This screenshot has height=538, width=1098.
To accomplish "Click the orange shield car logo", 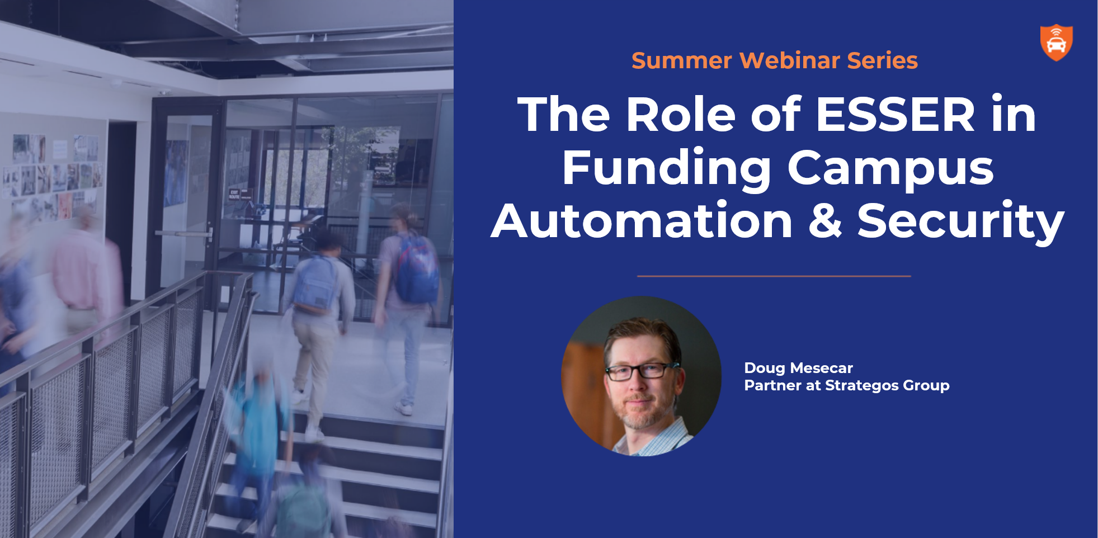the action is pyautogui.click(x=1056, y=43).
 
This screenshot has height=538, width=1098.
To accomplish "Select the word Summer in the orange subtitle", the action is pyautogui.click(x=682, y=60).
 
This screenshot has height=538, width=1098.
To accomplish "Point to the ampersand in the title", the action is pyautogui.click(x=825, y=220).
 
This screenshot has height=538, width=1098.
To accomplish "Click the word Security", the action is pyautogui.click(x=960, y=222).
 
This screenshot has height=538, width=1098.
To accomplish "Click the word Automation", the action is pyautogui.click(x=642, y=220).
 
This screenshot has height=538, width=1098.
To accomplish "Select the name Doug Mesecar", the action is pyautogui.click(x=798, y=368).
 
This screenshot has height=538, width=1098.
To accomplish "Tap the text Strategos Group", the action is pyautogui.click(x=887, y=386).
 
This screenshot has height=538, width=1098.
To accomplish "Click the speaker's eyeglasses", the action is pyautogui.click(x=640, y=371).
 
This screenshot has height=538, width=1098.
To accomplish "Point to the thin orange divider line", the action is pyautogui.click(x=774, y=276).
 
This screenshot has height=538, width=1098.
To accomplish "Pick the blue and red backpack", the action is pyautogui.click(x=417, y=270).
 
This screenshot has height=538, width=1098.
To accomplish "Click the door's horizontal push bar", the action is pyautogui.click(x=183, y=233).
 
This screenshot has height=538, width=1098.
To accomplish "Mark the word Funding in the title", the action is pyautogui.click(x=667, y=169).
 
